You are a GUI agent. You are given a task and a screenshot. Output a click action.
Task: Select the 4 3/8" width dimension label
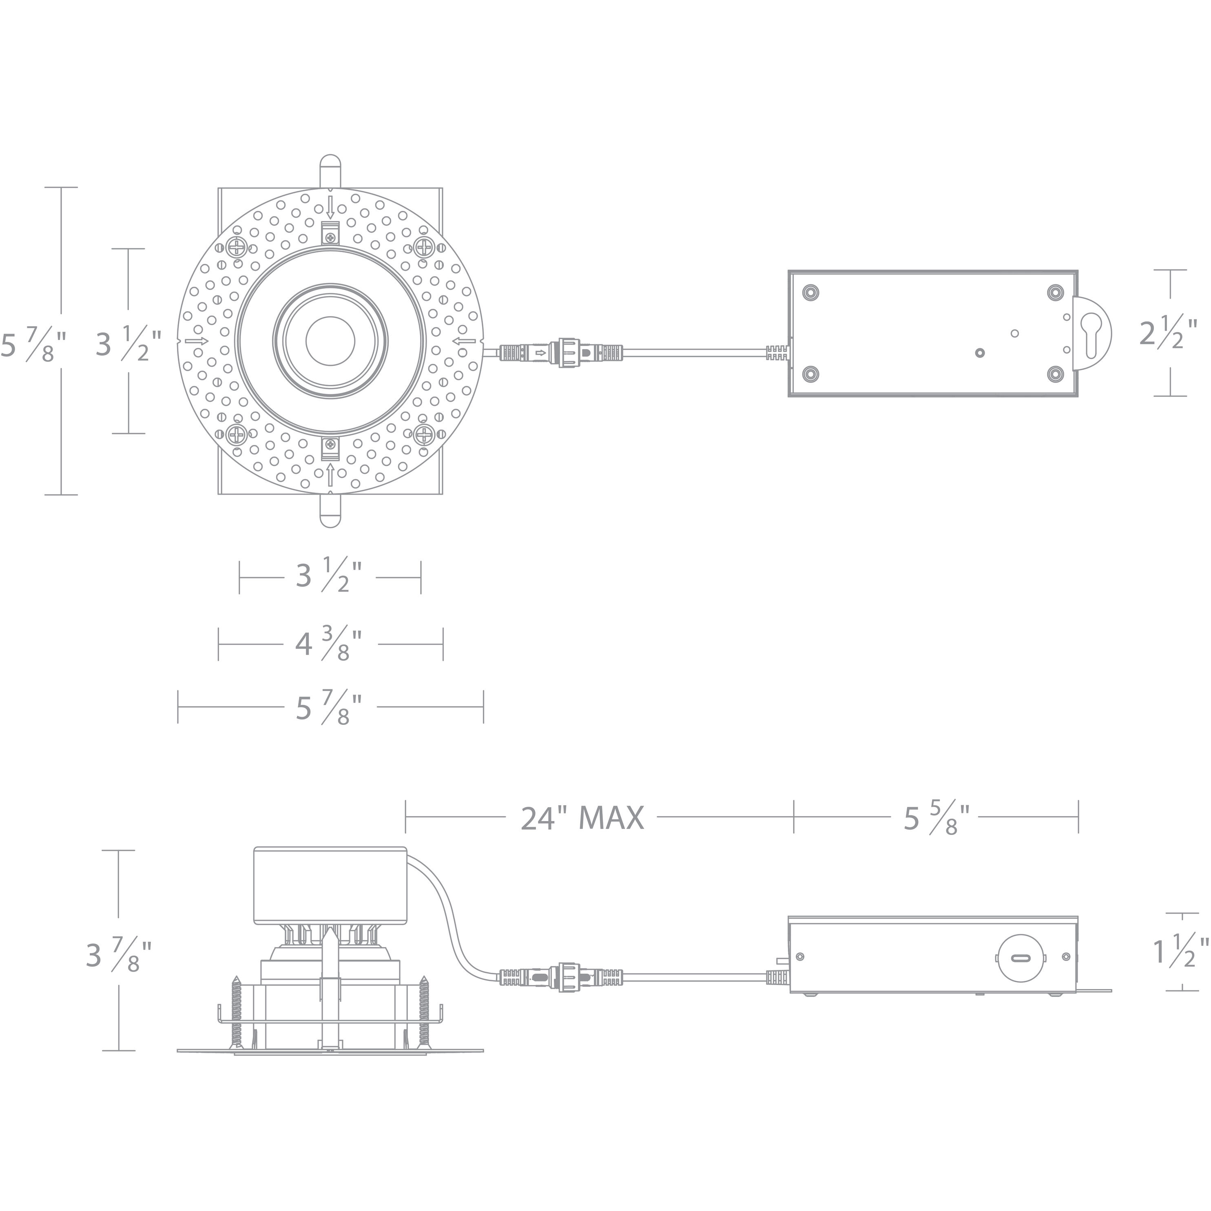click(330, 644)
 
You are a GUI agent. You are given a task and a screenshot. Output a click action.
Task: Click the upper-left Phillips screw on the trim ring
click(237, 247)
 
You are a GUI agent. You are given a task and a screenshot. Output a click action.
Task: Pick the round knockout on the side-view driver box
click(1021, 958)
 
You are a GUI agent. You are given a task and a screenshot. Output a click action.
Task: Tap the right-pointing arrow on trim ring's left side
click(196, 341)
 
